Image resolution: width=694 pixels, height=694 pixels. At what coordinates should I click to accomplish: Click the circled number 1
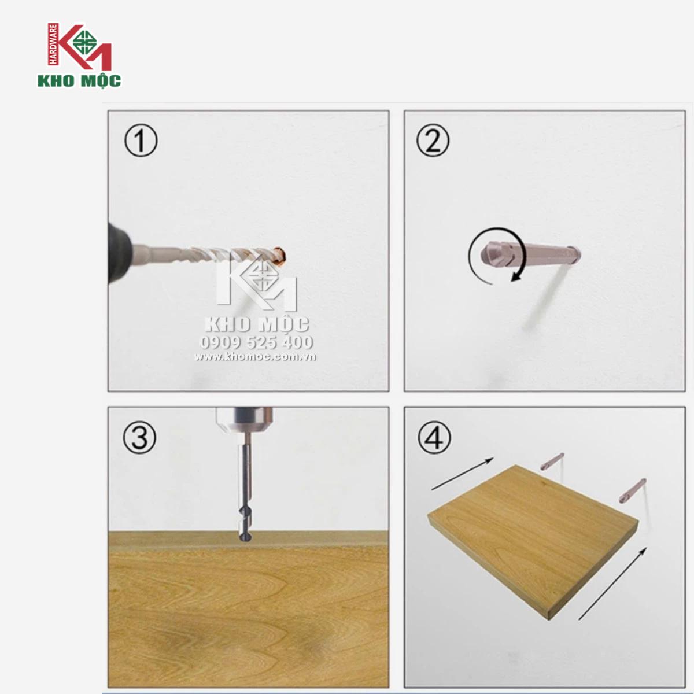141,140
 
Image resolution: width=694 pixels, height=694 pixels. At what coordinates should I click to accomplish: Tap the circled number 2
433,140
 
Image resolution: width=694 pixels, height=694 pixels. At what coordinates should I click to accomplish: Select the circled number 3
140,437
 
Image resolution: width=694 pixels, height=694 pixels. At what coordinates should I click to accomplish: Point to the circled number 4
434,437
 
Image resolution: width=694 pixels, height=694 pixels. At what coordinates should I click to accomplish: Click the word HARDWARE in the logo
53,45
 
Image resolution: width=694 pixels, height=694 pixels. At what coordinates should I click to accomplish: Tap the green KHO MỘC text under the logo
79,80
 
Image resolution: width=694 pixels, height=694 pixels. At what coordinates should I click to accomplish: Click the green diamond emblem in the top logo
85,42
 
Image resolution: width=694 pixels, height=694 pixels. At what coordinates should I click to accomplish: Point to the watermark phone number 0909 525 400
256,342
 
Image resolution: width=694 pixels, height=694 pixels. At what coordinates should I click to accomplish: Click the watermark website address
256,357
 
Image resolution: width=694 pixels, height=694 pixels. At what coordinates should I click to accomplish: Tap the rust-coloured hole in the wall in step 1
280,254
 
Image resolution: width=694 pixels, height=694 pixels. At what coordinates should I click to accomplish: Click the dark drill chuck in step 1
120,252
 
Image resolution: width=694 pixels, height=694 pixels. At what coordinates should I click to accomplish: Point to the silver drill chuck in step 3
244,419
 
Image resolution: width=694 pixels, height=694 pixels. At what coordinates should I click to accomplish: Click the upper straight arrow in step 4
462,474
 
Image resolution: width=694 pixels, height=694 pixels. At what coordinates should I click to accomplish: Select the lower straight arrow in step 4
612,584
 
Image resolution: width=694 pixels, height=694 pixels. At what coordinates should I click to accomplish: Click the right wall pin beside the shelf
633,490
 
